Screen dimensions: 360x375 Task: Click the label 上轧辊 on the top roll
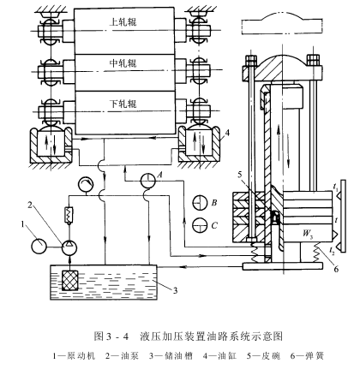(123, 22)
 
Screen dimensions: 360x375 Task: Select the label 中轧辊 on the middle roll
(123, 63)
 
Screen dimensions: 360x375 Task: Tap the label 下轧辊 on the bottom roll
(123, 104)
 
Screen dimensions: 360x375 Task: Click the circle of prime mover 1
(39, 247)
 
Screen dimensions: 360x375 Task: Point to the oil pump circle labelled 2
(69, 247)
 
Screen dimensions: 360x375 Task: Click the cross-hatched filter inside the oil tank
(70, 280)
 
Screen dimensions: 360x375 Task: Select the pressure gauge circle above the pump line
(86, 185)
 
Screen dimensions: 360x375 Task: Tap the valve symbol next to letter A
(148, 181)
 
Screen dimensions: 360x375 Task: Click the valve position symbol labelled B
(200, 203)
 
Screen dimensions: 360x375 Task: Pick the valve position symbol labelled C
(200, 225)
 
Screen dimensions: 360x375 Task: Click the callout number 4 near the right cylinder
(227, 134)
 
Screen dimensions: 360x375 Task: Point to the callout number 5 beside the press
(240, 173)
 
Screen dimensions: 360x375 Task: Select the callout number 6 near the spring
(336, 269)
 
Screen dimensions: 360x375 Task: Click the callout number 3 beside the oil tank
(175, 290)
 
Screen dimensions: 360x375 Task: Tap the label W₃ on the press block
(307, 234)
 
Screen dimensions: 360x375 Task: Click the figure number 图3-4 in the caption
(111, 336)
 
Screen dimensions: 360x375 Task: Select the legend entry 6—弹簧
(307, 356)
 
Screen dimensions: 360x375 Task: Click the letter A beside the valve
(160, 175)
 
